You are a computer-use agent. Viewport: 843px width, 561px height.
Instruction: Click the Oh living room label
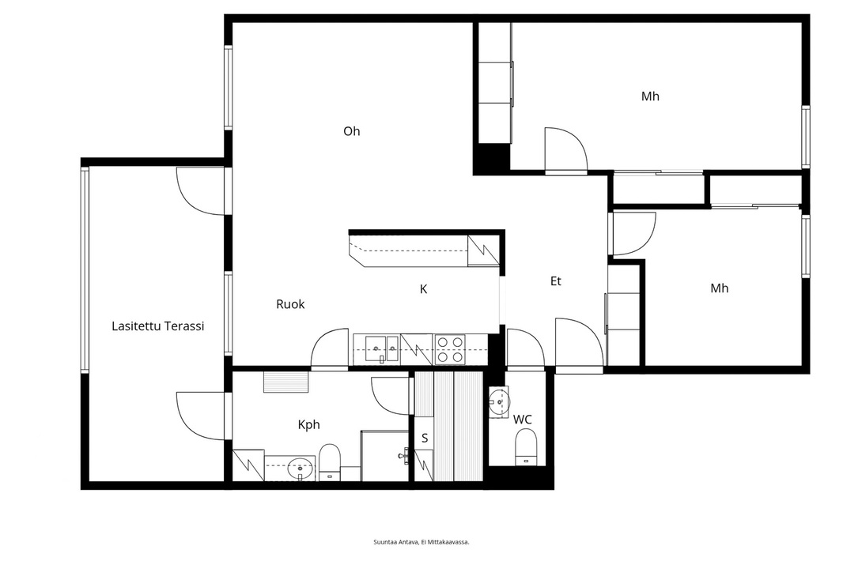coord(352,131)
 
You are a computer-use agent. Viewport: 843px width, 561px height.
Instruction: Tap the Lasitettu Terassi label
coord(158,326)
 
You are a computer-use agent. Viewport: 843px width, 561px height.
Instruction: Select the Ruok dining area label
coord(290,304)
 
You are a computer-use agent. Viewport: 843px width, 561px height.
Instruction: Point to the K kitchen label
coord(424,289)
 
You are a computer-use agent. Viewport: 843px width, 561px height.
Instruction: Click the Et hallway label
coord(556,281)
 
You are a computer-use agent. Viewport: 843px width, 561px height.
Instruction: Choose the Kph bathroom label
coord(309,424)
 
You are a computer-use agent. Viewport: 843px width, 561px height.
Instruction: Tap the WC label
coord(523,419)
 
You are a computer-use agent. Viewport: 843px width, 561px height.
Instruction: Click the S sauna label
coord(425,438)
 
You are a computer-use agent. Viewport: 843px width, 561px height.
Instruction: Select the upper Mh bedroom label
coord(651,96)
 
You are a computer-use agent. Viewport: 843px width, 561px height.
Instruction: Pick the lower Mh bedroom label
coord(720,288)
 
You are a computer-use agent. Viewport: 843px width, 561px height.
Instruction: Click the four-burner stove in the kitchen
coord(450,349)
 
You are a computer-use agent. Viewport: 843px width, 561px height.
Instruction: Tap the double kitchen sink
coord(382,348)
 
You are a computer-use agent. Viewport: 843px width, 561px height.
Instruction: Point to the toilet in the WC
coord(527,450)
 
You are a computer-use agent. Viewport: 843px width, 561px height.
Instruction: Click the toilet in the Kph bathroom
coord(330,462)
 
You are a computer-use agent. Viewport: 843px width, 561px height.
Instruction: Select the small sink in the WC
coord(499,401)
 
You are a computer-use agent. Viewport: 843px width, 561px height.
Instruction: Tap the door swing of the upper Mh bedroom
coord(565,151)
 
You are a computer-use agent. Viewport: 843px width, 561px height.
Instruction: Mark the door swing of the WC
coord(526,349)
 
